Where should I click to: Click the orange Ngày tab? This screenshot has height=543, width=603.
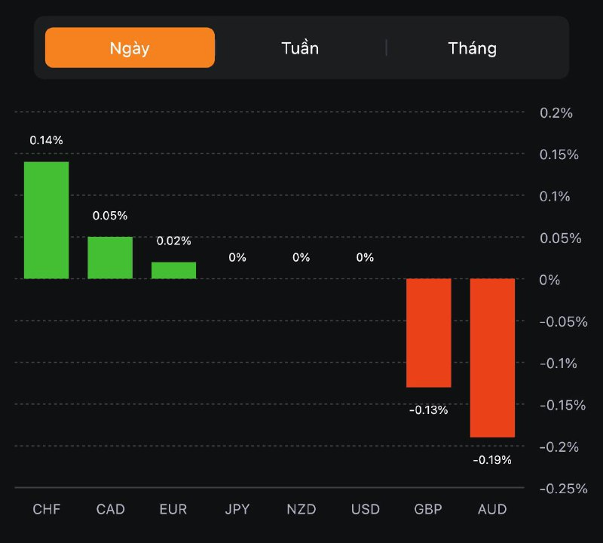[x=130, y=48]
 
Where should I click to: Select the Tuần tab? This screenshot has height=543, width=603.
[x=300, y=48]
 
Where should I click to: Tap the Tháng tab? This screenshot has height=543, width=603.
[x=473, y=48]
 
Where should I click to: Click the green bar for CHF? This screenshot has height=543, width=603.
[x=46, y=220]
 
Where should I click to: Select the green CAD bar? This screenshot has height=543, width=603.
[x=110, y=258]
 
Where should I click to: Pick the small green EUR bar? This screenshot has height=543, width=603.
[x=173, y=270]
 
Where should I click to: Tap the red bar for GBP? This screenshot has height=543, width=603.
[x=429, y=333]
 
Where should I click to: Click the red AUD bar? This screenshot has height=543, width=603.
[x=492, y=357]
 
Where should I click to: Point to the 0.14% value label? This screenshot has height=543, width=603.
[x=46, y=140]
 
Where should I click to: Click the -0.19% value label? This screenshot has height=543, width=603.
[x=492, y=460]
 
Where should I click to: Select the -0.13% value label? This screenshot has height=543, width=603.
[x=429, y=410]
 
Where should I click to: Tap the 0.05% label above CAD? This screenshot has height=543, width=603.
[x=110, y=216]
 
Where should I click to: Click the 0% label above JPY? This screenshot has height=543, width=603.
[x=237, y=257]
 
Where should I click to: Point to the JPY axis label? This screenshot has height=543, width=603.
[x=237, y=509]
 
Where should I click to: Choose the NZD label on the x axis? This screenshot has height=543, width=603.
[x=301, y=509]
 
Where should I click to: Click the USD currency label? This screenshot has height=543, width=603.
[x=365, y=509]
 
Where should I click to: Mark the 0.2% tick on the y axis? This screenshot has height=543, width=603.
[x=556, y=113]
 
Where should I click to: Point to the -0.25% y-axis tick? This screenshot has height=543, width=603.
[x=563, y=488]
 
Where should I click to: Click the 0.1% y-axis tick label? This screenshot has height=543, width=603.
[x=556, y=196]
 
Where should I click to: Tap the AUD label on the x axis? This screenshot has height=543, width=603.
[x=492, y=509]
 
